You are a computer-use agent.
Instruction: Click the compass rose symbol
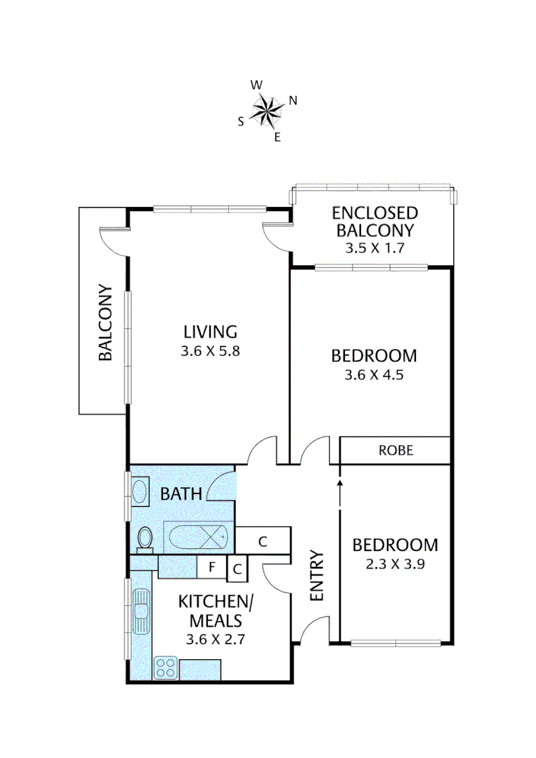(x=267, y=109)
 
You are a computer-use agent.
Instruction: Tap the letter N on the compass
(x=293, y=100)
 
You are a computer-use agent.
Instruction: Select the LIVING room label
(x=210, y=331)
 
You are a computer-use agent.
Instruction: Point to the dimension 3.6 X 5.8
(x=210, y=352)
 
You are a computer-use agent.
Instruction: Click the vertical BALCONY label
(x=105, y=322)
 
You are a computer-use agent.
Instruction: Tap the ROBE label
(x=396, y=451)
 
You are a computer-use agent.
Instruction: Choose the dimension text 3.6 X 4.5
(x=374, y=375)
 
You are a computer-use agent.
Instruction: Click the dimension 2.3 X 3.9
(x=395, y=564)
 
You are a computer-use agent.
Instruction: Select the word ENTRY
(x=317, y=576)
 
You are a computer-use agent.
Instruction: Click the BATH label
(x=181, y=494)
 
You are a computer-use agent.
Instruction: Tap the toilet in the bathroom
(x=146, y=538)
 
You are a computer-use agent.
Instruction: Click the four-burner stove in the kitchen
(x=166, y=667)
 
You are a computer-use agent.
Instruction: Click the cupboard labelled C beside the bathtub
(x=263, y=541)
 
